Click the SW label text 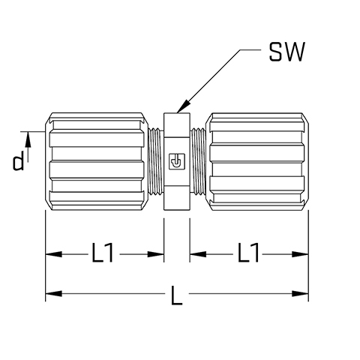287,52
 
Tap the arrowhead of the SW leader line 182,106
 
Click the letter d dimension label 19,161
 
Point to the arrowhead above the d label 28,139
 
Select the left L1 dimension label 103,253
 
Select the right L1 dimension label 248,253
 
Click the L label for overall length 176,295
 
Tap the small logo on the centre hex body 177,161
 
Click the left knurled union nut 96,161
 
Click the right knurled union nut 257,161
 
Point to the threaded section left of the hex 156,161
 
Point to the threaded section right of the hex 198,161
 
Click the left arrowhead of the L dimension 53,293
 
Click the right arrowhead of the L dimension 300,293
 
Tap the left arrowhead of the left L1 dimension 53,254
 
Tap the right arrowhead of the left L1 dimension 156,254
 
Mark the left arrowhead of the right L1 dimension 198,254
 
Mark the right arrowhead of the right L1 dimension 300,254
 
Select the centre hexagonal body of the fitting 177,161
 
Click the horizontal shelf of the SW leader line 250,49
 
